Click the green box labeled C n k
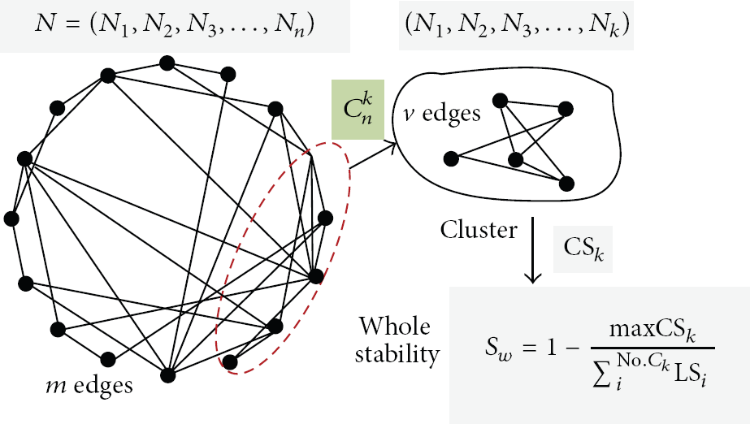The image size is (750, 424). [358, 110]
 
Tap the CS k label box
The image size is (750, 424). [583, 249]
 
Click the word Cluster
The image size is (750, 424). [479, 230]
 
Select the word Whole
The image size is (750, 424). [395, 327]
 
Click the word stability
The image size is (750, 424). [397, 355]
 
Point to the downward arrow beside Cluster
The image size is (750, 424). [532, 250]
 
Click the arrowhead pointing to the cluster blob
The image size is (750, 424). [392, 145]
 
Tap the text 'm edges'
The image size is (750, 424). [89, 385]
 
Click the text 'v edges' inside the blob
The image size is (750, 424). [441, 113]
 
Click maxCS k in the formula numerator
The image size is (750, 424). [652, 331]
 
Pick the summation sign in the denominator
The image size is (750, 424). [602, 376]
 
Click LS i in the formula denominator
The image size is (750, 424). [690, 376]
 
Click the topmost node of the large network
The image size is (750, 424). [167, 63]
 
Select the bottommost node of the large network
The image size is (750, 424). [168, 375]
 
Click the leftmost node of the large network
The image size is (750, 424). [11, 219]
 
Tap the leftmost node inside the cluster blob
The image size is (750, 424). [451, 158]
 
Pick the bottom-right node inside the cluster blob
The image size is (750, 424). [566, 184]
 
